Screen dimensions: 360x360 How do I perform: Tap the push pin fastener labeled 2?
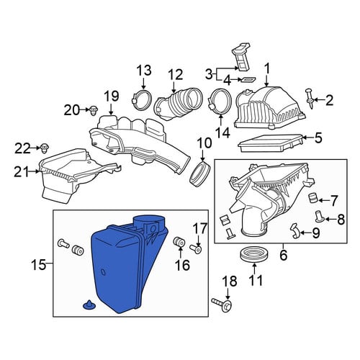coord(310,99)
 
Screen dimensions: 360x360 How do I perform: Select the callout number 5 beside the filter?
coord(318,138)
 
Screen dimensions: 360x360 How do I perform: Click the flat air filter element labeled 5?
coord(270,143)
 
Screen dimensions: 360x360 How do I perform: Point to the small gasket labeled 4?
coord(248,78)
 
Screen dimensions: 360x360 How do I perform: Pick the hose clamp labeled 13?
coord(142,99)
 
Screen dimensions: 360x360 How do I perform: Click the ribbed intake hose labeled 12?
coord(179,104)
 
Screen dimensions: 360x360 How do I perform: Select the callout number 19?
coord(112,96)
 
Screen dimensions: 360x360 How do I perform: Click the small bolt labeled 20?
coord(94,111)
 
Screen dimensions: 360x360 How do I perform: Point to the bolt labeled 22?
coord(45,148)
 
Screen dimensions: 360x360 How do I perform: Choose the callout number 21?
coord(22,171)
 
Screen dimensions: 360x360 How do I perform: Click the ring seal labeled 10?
coord(200,174)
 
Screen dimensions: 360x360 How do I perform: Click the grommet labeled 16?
coord(179,242)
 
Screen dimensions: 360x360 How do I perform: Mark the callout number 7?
coord(333,201)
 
